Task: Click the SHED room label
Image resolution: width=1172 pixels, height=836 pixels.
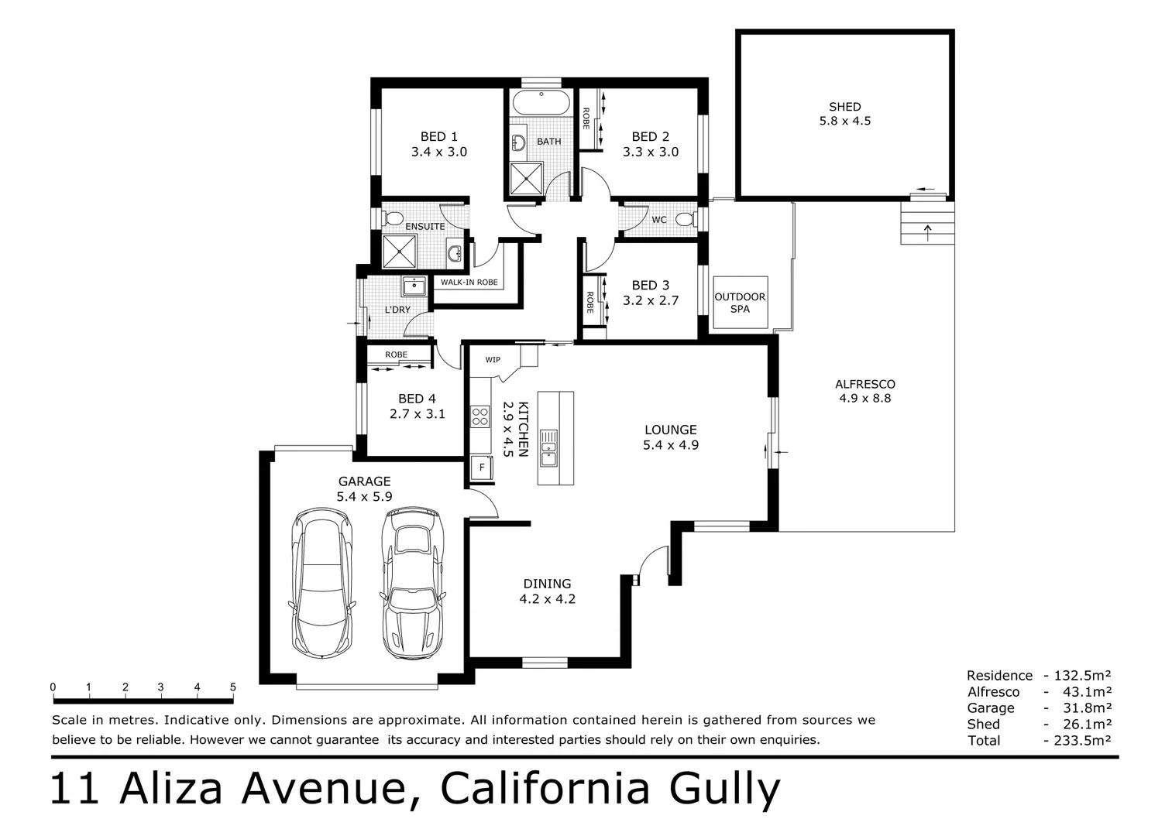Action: (844, 107)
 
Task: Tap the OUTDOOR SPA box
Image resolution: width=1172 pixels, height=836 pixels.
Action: (740, 303)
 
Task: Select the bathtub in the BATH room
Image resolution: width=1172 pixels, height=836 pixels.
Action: (541, 102)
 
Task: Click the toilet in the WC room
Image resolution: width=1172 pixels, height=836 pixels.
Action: (684, 219)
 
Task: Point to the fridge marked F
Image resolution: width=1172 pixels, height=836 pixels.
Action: (482, 468)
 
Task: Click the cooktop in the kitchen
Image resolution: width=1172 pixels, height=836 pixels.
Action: (480, 416)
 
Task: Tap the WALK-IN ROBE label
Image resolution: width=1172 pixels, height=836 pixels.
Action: (469, 283)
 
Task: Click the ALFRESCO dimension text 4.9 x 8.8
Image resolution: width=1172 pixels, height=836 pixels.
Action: (864, 399)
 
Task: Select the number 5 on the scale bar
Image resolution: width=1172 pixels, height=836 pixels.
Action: (232, 687)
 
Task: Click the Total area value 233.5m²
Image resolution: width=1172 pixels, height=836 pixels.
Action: (1082, 740)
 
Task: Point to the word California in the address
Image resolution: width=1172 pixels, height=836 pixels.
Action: (545, 789)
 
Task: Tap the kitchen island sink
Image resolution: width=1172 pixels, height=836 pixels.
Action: (548, 447)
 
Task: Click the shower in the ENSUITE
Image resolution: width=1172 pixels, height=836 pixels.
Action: (400, 250)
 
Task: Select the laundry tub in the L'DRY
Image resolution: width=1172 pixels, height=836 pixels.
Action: (414, 286)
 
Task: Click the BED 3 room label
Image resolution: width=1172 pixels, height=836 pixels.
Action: (650, 286)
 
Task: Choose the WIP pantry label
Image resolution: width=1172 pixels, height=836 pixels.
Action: (493, 360)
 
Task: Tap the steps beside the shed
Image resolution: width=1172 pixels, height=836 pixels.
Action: (927, 224)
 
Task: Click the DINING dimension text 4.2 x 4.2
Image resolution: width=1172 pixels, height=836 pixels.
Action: (547, 598)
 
